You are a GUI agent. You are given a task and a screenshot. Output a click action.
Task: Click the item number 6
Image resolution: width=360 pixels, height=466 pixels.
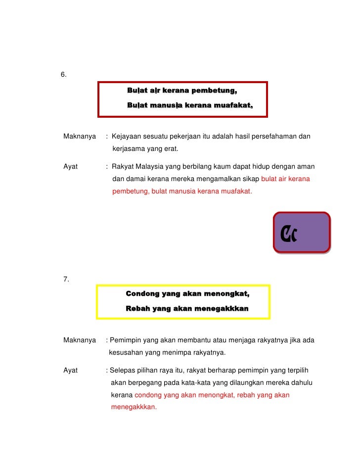point(63,75)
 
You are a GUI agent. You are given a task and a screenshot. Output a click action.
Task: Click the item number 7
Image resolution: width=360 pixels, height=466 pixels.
point(66,280)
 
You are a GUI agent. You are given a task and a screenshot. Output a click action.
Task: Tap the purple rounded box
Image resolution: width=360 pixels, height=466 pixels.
point(302,233)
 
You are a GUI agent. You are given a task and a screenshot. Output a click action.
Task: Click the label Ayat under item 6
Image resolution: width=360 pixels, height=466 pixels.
point(71,167)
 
